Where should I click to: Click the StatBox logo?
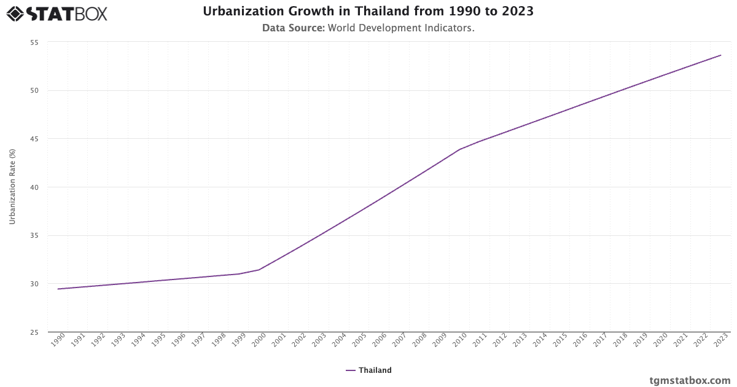pos(57,14)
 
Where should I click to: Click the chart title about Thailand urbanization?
pos(368,12)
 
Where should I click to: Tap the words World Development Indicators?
pos(401,28)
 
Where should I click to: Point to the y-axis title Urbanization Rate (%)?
pos(12,187)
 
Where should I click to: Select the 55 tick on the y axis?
pos(34,42)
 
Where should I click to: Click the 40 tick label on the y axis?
pos(34,187)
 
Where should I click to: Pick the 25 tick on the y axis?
pos(34,332)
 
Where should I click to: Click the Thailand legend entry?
pos(368,370)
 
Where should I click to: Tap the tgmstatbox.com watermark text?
pos(690,380)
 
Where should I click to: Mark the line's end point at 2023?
pos(721,55)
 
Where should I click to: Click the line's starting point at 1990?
pos(58,289)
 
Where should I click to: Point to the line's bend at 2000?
pos(259,270)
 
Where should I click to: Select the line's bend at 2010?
pos(459,149)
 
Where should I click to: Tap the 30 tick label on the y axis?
pos(34,284)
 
